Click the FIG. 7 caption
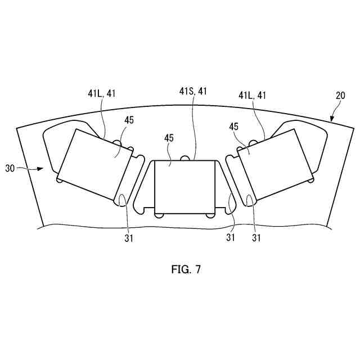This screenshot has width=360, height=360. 186,269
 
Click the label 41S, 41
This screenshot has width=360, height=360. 193,91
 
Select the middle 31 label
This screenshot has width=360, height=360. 231,238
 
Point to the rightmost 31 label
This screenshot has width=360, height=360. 256,238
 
